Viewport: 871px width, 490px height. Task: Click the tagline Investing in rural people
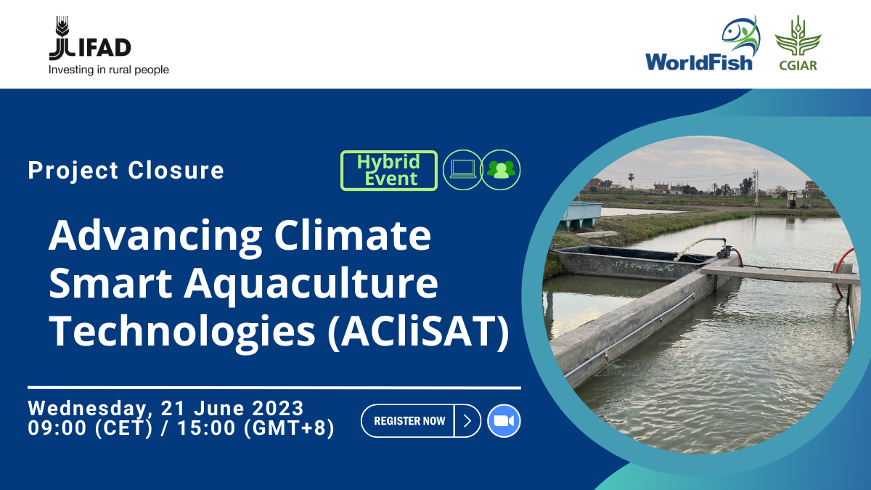point(108,70)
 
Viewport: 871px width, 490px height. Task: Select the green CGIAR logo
point(798,44)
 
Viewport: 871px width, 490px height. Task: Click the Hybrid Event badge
point(389,171)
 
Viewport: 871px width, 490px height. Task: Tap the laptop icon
point(462,170)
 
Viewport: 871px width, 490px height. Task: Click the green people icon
point(501,170)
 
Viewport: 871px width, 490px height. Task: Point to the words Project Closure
point(126,171)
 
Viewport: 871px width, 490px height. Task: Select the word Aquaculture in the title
point(311,284)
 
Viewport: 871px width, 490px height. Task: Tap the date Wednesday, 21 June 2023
point(165,408)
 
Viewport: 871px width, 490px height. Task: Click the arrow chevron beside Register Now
point(467,421)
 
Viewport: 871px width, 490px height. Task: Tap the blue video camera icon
point(504,421)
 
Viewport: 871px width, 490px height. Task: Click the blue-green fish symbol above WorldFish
point(740,35)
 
